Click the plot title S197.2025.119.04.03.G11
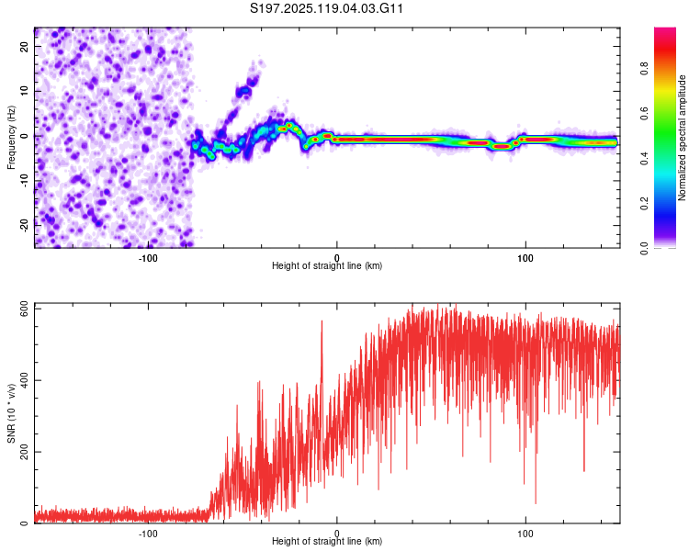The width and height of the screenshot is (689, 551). (326, 8)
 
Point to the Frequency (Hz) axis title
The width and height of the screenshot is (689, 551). (11, 138)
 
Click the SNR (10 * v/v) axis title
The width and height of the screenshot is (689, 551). (11, 413)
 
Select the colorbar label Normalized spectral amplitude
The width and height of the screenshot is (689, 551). (682, 138)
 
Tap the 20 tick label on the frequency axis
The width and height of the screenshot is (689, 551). (25, 46)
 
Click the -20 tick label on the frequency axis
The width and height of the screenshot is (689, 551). (25, 225)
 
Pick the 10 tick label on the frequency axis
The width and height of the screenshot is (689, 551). (25, 91)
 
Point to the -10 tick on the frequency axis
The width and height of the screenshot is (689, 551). (25, 181)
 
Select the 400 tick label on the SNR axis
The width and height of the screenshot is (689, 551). (25, 380)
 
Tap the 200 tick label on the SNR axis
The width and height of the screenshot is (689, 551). (25, 452)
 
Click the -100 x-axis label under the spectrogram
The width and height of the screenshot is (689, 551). (148, 258)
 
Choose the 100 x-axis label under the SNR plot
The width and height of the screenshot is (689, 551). (525, 534)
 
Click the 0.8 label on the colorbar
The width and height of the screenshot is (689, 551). (644, 69)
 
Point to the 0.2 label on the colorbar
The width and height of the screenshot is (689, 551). (644, 203)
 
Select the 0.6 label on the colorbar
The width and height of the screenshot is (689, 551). (644, 113)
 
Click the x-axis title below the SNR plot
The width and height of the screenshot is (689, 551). (327, 541)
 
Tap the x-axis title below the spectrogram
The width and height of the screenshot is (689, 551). (327, 265)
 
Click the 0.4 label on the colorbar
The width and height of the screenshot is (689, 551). (644, 158)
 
